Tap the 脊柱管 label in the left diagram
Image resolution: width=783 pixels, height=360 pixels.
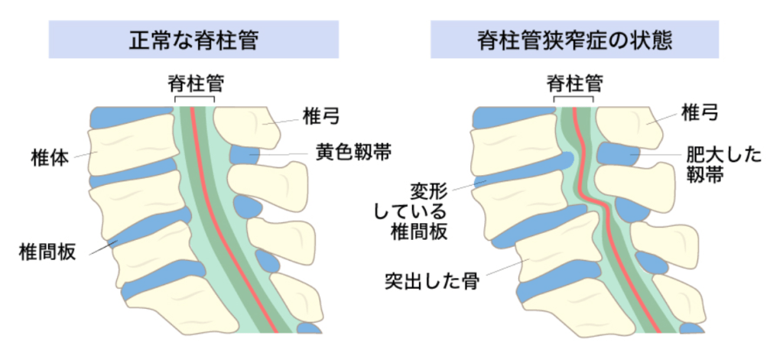click(195, 83)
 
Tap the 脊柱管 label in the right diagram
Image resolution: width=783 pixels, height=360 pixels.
click(574, 83)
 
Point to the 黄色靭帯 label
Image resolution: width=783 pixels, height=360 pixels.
click(353, 153)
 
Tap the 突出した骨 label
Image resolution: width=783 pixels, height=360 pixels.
click(429, 282)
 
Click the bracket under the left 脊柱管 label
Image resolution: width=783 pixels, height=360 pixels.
click(195, 98)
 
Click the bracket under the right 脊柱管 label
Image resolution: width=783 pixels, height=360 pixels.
click(574, 98)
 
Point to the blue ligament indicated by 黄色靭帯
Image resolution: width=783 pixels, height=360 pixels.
click(245, 155)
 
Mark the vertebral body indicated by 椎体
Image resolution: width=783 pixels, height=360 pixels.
click(126, 153)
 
